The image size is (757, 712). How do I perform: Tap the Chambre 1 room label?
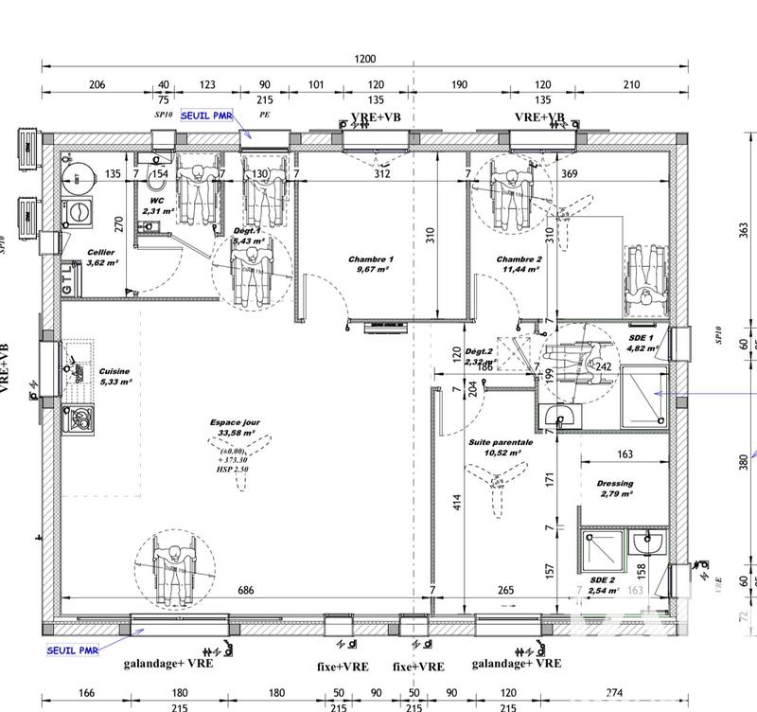370,259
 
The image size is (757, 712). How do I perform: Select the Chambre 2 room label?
519,259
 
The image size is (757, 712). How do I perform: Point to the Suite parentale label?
501,442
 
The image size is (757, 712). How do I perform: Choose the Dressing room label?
615,484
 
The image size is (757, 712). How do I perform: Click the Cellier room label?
101,253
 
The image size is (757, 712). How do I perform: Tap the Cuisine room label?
114,372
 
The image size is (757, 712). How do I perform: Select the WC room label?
156,202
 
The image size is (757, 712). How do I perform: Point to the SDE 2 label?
601,580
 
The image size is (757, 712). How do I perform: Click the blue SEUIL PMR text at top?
207,114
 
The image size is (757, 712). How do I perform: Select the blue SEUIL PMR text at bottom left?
73,650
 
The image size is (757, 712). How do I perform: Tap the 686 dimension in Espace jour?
246,591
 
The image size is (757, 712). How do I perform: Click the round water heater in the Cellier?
75,175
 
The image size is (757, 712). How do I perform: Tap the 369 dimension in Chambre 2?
596,174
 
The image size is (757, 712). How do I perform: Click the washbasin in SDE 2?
649,543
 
